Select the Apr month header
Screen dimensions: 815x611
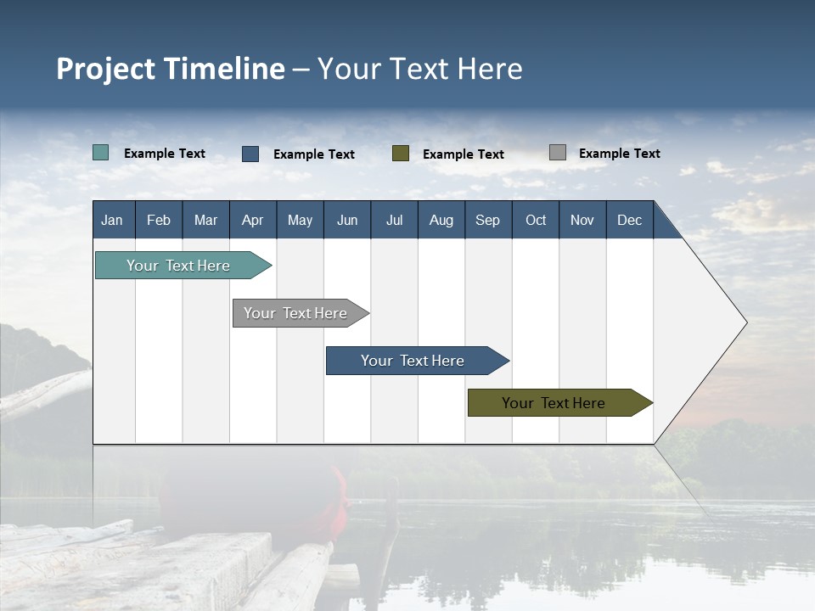[253, 220]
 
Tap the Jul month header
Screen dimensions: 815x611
[395, 220]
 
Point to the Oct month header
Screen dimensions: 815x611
[536, 220]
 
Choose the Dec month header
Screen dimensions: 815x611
[630, 220]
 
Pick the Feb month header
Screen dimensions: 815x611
[159, 220]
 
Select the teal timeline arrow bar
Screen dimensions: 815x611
[183, 265]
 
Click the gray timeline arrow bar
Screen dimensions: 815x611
[301, 313]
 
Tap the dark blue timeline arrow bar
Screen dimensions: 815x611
[418, 361]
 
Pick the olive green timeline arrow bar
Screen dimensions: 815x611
[560, 402]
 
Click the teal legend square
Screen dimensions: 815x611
[100, 153]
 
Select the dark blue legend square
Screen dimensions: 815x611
[250, 154]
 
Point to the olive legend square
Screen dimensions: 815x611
[401, 154]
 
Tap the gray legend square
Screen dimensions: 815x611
[558, 152]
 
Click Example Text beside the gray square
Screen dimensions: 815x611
[620, 154]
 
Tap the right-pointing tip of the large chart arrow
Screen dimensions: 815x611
[747, 322]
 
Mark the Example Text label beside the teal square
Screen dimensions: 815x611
[164, 154]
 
